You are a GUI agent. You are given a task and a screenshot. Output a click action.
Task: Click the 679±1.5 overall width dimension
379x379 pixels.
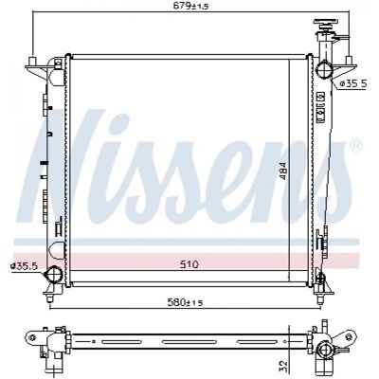point(191,6)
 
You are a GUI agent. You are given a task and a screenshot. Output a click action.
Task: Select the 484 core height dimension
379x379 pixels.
point(283,171)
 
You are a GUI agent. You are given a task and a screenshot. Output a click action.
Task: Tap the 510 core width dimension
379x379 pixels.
point(189,264)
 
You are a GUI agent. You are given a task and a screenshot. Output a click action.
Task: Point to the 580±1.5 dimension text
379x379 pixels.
point(185,302)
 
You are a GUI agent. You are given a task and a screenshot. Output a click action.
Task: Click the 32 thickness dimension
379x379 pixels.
point(283,365)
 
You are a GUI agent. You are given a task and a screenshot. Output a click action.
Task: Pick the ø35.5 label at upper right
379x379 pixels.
point(353,83)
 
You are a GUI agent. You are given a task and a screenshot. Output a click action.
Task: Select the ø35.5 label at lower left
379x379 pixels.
point(24,266)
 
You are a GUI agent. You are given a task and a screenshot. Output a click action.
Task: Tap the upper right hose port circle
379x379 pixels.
point(324,70)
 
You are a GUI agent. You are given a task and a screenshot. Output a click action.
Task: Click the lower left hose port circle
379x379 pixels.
point(53,274)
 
